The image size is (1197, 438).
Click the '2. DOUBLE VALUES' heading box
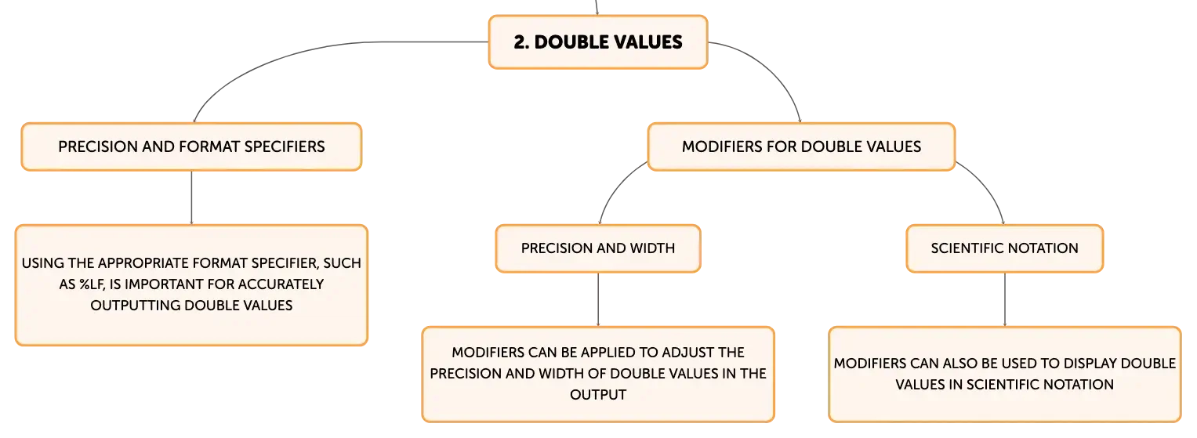coord(598,42)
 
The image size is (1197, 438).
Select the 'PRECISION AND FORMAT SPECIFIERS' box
coord(191,147)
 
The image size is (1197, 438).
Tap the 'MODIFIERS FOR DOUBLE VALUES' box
coord(801,147)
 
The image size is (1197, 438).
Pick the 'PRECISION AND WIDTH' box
coord(598,248)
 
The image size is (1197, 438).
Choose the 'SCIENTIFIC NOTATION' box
coord(1005,248)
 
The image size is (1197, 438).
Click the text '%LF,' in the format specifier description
coord(92,284)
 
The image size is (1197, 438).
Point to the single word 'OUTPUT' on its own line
coord(598,395)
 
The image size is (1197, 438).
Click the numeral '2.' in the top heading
coord(521,42)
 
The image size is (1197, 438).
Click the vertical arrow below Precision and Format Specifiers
coord(191,197)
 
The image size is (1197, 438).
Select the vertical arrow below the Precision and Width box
coord(598,299)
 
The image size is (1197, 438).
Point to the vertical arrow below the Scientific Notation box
coord(1005,299)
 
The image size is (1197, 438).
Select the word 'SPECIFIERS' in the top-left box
coord(285,147)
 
